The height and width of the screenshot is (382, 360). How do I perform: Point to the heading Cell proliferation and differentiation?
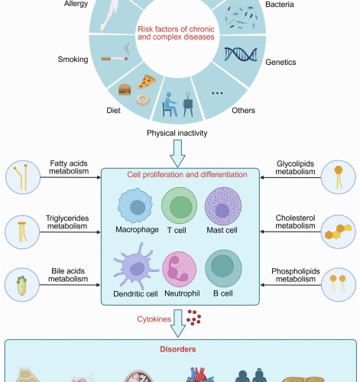(180, 173)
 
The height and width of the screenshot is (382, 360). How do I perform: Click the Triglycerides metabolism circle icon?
(22, 228)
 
